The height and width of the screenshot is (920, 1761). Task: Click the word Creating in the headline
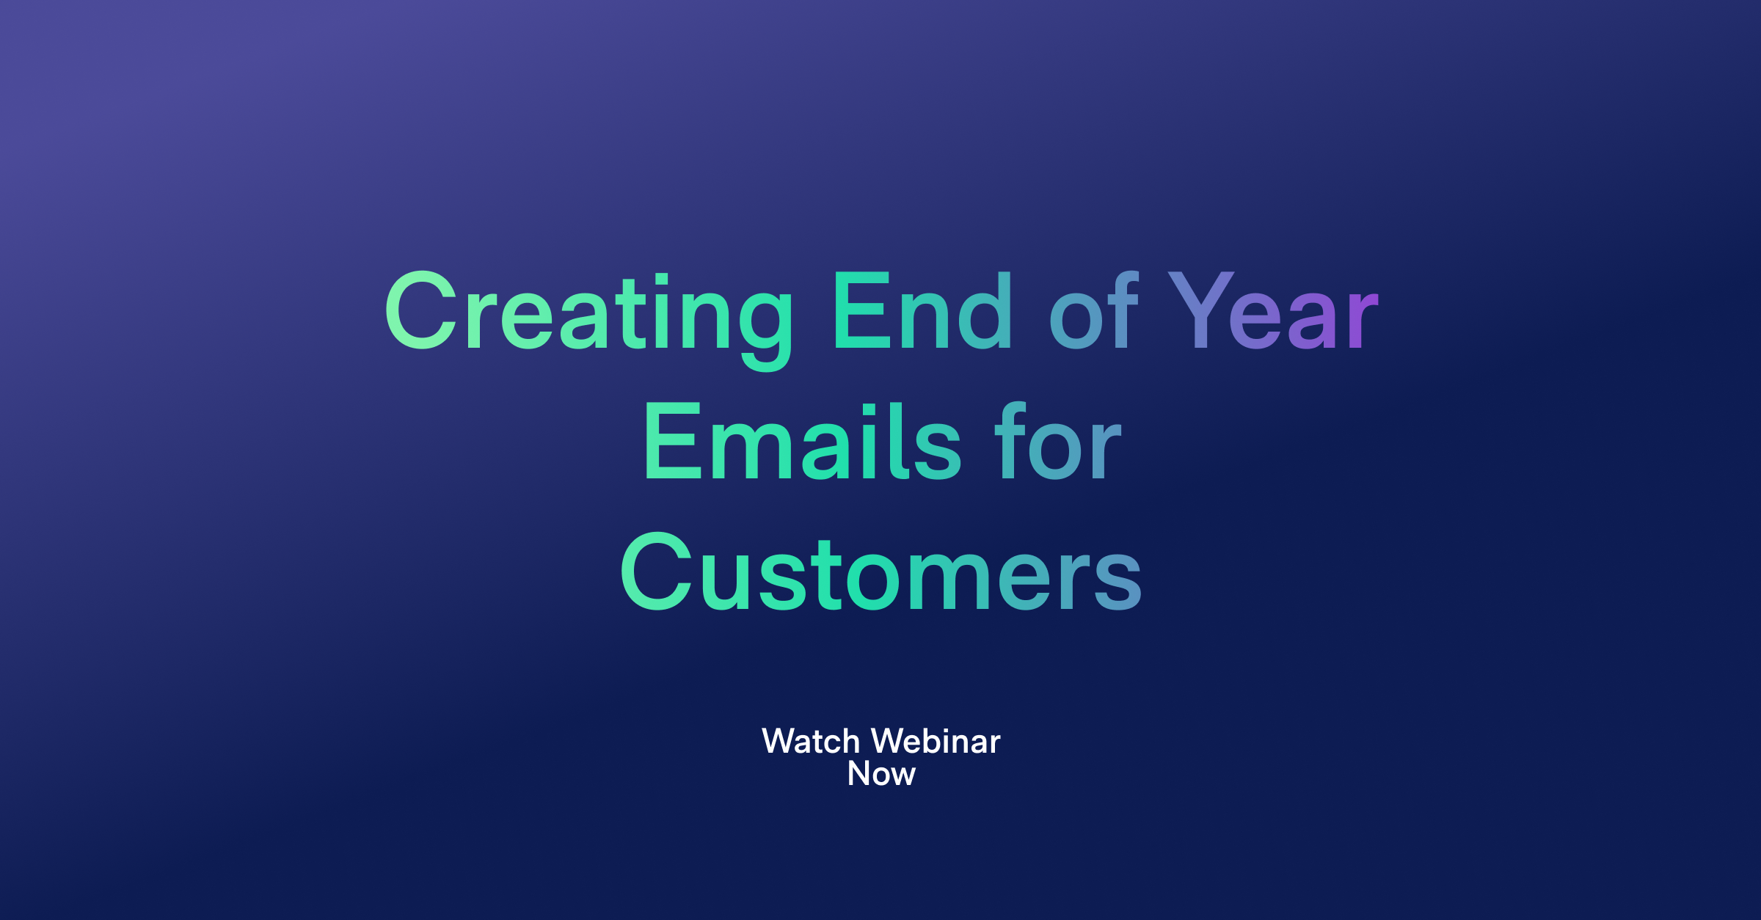[587, 312]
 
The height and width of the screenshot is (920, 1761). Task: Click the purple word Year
[1273, 312]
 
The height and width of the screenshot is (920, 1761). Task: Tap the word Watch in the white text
[811, 742]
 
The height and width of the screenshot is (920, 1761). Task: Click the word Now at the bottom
[881, 774]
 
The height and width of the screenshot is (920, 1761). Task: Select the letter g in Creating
[765, 323]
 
